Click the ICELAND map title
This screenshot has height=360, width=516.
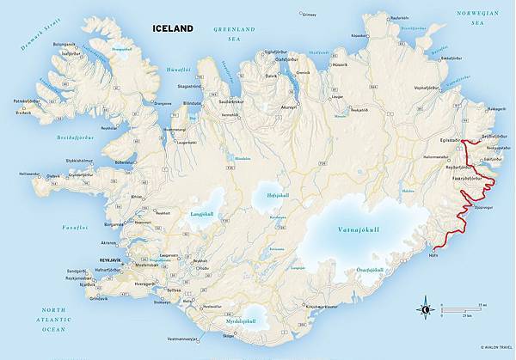(173, 27)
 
